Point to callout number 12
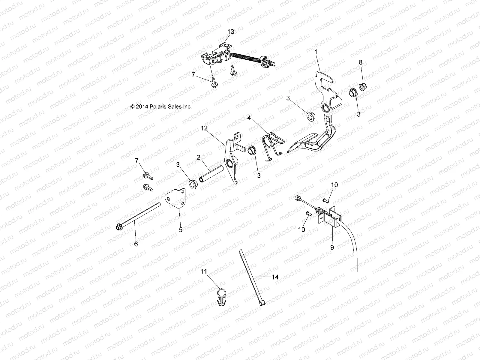[213, 128]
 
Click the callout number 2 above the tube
[199, 157]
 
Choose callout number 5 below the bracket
[180, 230]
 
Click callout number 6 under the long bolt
[136, 244]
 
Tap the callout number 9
[332, 247]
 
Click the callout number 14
[275, 277]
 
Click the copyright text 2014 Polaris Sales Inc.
[161, 106]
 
